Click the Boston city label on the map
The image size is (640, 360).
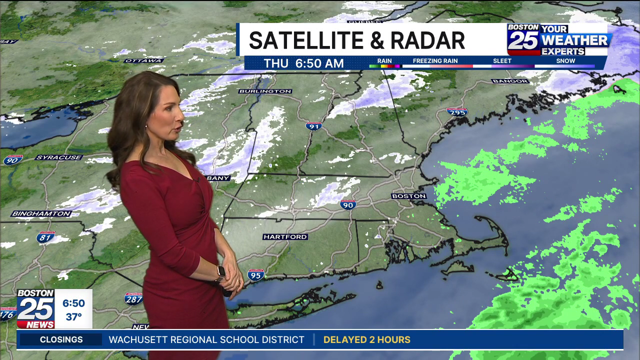(x=409, y=196)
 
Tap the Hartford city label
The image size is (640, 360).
(x=285, y=236)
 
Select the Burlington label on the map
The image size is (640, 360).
(x=265, y=91)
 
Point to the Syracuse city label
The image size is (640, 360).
(x=59, y=157)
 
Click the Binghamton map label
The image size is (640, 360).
(x=41, y=213)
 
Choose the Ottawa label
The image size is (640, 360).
(x=143, y=60)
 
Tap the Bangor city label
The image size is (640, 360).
(x=510, y=81)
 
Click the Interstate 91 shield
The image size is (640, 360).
(x=313, y=126)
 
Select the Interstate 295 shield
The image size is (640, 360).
(x=457, y=112)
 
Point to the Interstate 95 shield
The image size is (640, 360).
(x=255, y=274)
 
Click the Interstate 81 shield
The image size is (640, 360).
(x=46, y=236)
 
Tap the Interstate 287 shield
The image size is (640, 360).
(x=133, y=298)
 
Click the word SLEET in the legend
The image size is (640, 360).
(x=502, y=61)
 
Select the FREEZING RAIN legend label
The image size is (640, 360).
(x=435, y=61)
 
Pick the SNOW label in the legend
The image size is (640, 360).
(x=565, y=61)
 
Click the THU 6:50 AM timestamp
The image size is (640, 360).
(x=303, y=63)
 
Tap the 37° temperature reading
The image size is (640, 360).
(x=73, y=317)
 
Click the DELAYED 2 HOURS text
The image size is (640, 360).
(x=366, y=340)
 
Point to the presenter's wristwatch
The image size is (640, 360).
(x=220, y=272)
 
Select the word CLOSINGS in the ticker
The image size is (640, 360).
(x=61, y=340)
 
